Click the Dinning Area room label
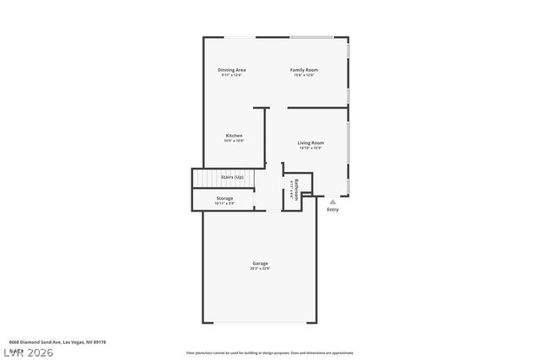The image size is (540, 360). pos(231,69)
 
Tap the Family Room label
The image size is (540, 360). pos(304,69)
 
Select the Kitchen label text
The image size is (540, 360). pos(234,136)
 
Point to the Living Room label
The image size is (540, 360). pos(310,142)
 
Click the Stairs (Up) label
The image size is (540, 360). pos(232,177)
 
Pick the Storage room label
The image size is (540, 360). pos(224,198)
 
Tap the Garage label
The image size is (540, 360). pos(260,263)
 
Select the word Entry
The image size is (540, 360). pos(332,209)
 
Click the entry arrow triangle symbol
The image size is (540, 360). pos(332,201)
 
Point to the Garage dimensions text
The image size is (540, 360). pos(260,269)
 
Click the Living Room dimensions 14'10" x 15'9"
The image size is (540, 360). pos(310,149)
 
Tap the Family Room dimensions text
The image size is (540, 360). pos(304,75)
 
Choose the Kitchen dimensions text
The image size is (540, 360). pos(234,142)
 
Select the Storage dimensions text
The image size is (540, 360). pos(224,203)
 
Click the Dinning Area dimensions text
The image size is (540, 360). pos(231,75)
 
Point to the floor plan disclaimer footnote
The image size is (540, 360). pos(270,352)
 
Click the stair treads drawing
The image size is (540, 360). pos(206,180)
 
